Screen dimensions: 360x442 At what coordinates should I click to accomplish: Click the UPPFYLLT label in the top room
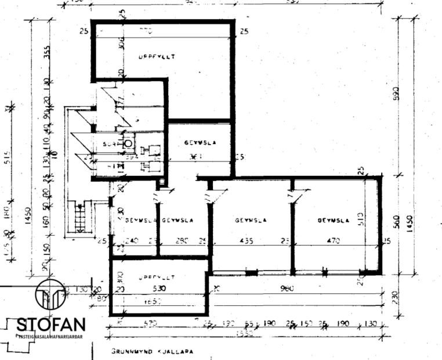(x=157, y=56)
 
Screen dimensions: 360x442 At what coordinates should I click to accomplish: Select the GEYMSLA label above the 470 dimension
(x=333, y=220)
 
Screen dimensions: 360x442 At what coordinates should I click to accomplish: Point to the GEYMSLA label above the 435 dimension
(x=251, y=220)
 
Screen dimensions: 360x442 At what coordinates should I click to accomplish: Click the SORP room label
(x=110, y=142)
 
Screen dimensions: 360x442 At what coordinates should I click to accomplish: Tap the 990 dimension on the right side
(x=397, y=93)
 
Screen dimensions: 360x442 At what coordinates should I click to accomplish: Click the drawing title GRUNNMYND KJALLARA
(x=152, y=351)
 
